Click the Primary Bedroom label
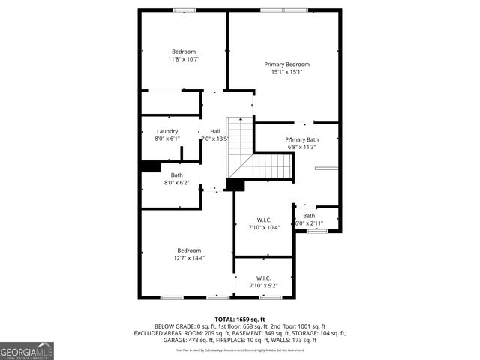point(286,64)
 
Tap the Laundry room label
point(167,131)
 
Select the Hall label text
point(215,131)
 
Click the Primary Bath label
point(301,139)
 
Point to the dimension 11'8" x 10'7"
point(184,58)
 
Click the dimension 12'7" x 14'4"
point(189,257)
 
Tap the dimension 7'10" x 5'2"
point(264,285)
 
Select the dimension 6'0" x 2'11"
point(309,223)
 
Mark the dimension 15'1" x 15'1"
point(286,73)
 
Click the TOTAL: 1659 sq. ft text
point(240,319)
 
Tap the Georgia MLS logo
point(27,350)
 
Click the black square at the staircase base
point(235,184)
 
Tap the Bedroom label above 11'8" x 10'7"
point(184,51)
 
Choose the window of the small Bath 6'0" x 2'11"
point(319,232)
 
